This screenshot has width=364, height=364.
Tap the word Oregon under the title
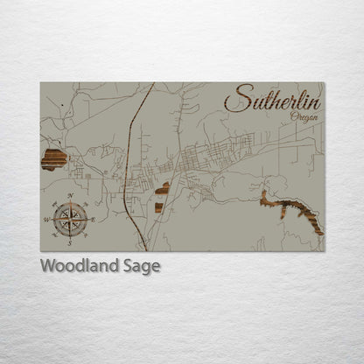click(x=304, y=117)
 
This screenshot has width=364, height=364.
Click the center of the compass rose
click(x=69, y=219)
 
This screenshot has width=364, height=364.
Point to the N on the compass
click(x=69, y=195)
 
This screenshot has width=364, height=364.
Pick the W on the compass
click(x=46, y=220)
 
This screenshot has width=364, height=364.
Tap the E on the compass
click(x=92, y=219)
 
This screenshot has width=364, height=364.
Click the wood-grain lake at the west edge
click(x=54, y=159)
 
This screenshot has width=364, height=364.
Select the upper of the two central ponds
click(x=164, y=186)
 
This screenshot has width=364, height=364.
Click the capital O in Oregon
click(x=293, y=116)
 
